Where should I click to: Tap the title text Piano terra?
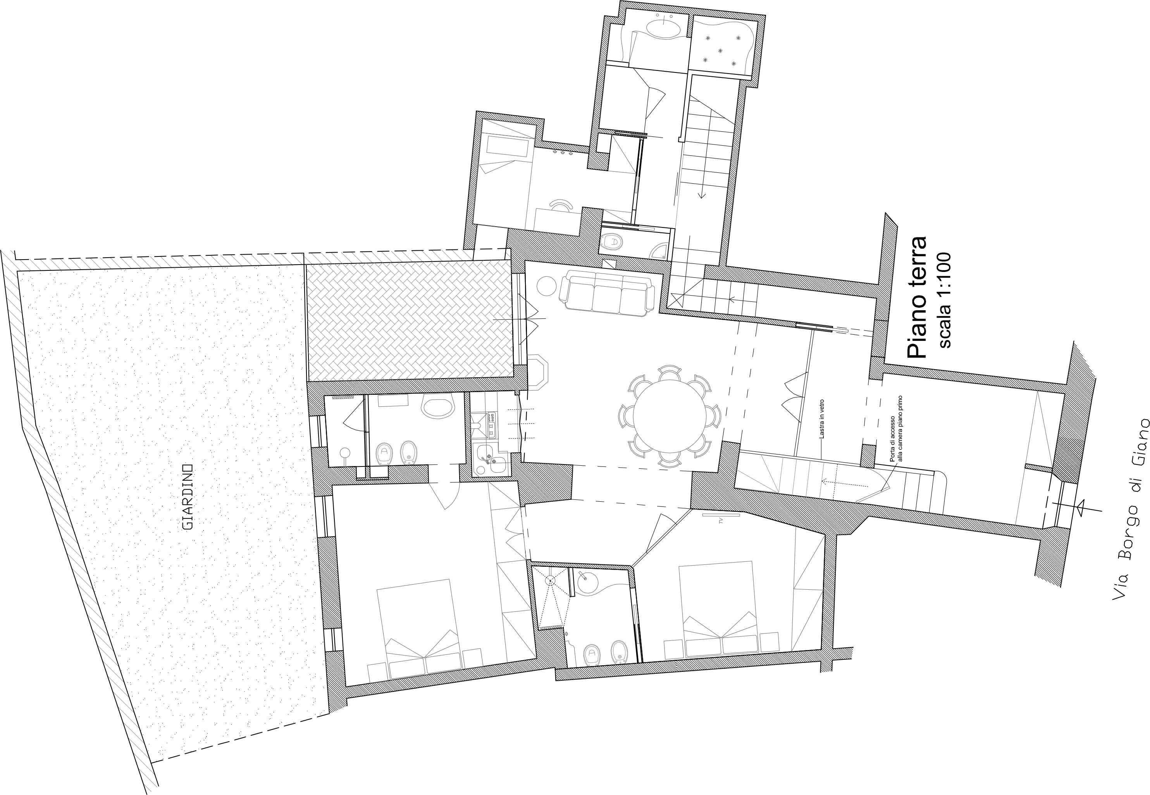[x=916, y=297]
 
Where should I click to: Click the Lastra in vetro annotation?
[x=821, y=423]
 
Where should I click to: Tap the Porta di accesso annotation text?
[x=895, y=429]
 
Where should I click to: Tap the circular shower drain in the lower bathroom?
[x=550, y=580]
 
